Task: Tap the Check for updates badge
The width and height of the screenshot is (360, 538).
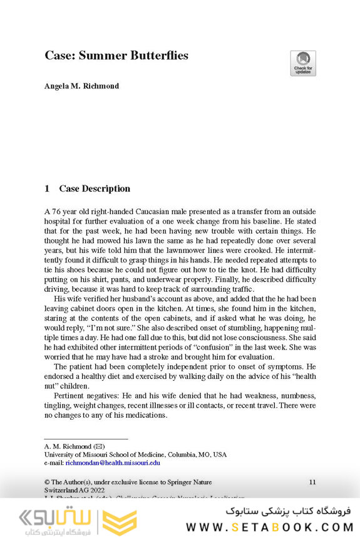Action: pos(303,63)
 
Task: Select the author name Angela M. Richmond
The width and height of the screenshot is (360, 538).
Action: pos(81,86)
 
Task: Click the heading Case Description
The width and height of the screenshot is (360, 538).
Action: pos(95,189)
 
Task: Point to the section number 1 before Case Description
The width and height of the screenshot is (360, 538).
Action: pos(47,189)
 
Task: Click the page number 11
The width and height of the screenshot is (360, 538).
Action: pos(312,482)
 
